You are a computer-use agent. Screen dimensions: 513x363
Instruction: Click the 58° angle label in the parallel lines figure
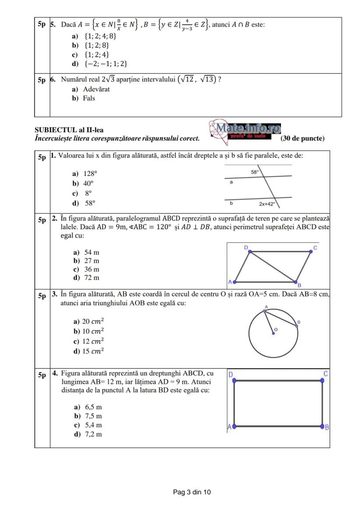tap(255, 172)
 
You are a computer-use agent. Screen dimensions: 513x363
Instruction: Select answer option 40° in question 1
tap(88, 183)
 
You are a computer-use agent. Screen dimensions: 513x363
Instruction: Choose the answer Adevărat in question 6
tap(96, 89)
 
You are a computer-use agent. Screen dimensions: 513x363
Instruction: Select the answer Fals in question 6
tap(89, 98)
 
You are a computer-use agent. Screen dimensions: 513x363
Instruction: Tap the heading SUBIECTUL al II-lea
tap(69, 130)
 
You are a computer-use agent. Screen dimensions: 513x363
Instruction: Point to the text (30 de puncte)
tap(302, 139)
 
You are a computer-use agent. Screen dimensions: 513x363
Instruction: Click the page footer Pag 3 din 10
tap(192, 492)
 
